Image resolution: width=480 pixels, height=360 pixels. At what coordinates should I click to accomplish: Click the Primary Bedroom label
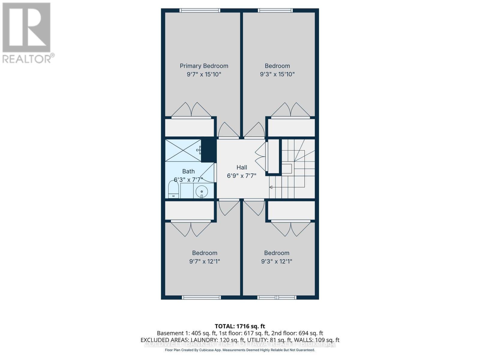(x=204, y=66)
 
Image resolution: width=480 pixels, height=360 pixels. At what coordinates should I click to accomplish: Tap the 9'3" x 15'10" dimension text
(x=277, y=74)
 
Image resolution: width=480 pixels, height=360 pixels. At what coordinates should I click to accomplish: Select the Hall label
(x=242, y=167)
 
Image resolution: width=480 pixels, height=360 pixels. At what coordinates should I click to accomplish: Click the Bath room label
(x=188, y=171)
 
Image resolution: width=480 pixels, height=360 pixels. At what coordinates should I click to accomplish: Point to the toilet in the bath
(x=173, y=190)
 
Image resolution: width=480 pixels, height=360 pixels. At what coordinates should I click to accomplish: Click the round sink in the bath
(x=202, y=191)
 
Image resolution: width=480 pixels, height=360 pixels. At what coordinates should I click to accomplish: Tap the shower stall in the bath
(x=183, y=150)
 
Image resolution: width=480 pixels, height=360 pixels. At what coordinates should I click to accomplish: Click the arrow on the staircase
(x=271, y=187)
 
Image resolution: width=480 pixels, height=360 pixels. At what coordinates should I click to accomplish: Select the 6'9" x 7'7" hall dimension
(x=242, y=176)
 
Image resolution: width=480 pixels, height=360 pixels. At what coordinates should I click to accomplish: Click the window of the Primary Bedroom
(x=200, y=10)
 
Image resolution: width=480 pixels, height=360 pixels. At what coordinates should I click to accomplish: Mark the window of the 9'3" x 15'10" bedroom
(x=275, y=10)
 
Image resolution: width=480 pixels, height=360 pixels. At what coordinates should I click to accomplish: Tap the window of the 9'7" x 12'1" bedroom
(x=201, y=298)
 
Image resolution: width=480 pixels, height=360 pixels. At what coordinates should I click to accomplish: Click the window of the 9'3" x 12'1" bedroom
(x=277, y=298)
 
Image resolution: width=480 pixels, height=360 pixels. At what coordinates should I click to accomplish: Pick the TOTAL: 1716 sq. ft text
(x=240, y=326)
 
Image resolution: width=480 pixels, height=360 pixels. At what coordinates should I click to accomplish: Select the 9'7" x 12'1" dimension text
(x=205, y=261)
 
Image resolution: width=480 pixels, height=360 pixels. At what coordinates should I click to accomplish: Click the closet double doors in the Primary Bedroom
(x=191, y=110)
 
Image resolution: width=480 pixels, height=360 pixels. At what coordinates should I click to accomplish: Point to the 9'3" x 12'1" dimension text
(x=277, y=261)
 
